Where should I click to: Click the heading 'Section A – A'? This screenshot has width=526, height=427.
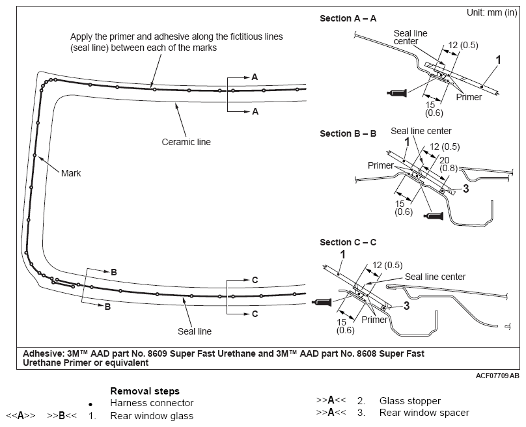point(348,18)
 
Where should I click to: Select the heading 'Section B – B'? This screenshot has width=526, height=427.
point(348,133)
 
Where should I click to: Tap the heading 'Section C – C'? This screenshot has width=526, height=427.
point(348,242)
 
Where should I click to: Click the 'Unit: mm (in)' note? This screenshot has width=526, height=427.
point(491,13)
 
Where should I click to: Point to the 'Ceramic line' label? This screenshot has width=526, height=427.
point(186,142)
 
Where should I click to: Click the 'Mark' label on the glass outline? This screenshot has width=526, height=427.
point(71,173)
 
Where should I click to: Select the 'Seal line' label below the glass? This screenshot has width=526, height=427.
point(195,331)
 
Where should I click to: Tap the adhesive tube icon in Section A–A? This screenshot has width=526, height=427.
point(397,92)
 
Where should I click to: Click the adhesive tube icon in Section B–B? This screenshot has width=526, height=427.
point(433,216)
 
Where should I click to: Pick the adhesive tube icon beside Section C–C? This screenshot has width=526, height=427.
point(322,302)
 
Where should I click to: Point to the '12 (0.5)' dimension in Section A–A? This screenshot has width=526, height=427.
point(464,45)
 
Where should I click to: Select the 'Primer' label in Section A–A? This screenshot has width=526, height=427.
point(469,97)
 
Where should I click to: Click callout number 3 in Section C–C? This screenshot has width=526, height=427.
point(407,305)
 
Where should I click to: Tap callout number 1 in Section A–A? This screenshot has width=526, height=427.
point(498,60)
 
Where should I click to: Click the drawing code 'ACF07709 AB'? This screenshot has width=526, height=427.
point(497,376)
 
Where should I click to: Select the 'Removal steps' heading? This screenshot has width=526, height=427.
point(145,391)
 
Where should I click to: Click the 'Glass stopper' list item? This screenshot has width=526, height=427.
point(410,401)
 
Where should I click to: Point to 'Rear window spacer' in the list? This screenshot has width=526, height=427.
point(424,413)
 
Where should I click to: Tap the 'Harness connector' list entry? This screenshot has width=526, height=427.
point(152,403)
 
